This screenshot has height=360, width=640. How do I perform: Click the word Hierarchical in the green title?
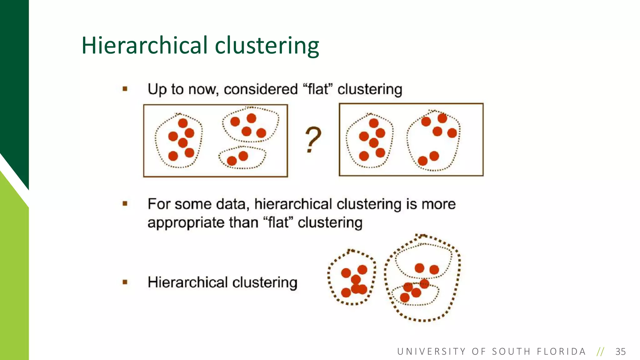point(145,46)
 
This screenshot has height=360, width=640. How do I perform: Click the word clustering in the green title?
point(267,46)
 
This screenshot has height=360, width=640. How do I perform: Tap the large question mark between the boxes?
point(313,139)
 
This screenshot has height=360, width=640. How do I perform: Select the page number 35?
point(620,352)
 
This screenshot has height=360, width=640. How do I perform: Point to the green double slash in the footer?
point(600,352)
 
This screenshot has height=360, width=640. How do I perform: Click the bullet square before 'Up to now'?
point(125,89)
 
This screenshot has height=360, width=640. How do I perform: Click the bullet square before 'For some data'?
point(125,204)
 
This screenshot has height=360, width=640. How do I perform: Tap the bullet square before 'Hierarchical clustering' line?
point(125,282)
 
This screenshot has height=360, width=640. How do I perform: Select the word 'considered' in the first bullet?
point(261,89)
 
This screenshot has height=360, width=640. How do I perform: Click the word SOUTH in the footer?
point(511,352)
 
